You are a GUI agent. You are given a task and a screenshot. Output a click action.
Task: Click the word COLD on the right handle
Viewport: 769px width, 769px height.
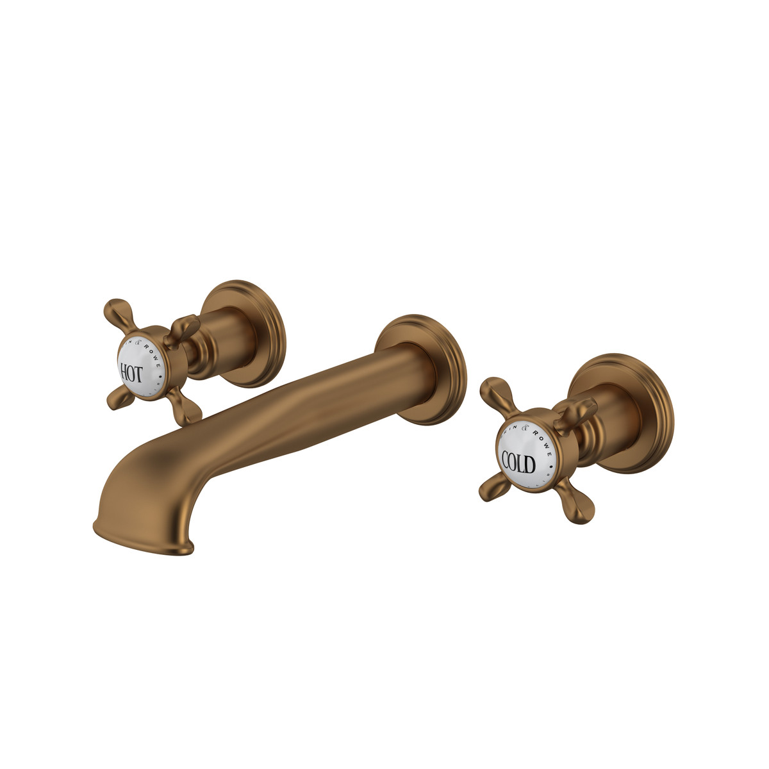pyautogui.click(x=518, y=461)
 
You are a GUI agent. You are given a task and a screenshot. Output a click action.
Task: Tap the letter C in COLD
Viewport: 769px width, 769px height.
pyautogui.click(x=506, y=461)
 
